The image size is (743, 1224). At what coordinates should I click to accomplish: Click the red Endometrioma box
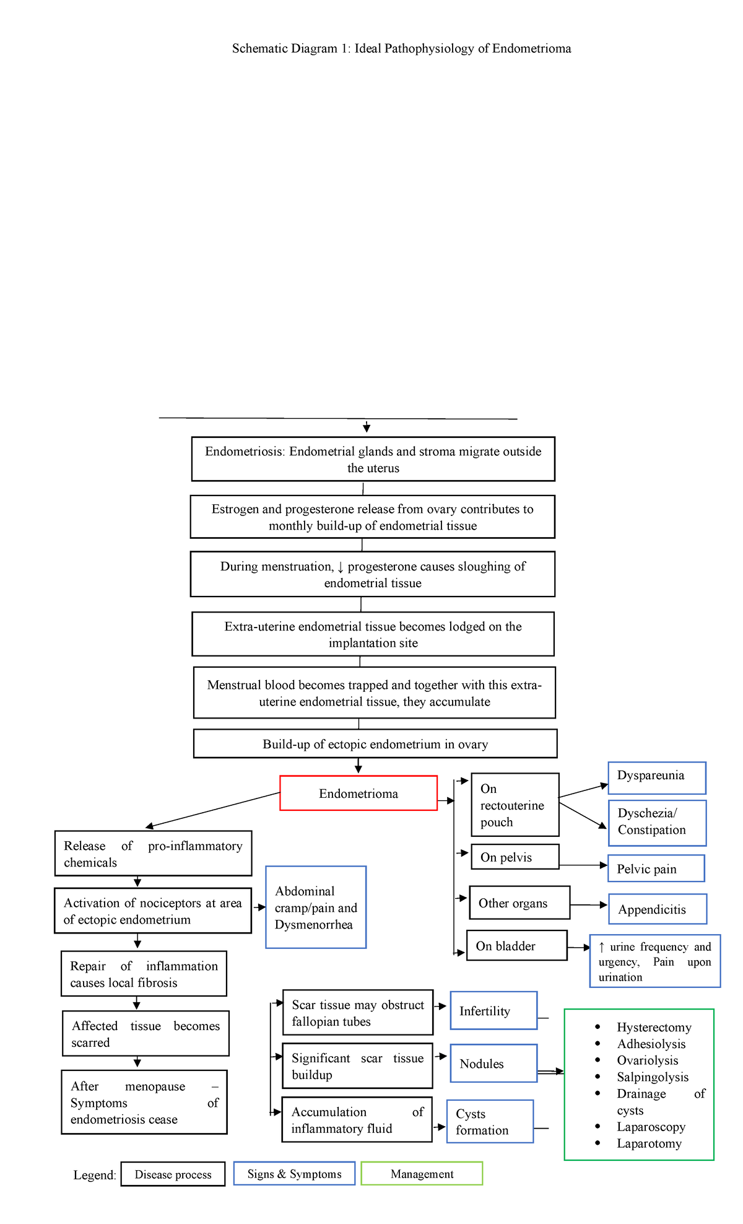(358, 793)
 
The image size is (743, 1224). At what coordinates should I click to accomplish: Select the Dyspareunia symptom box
(657, 777)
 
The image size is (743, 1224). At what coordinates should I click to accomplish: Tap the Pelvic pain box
(656, 868)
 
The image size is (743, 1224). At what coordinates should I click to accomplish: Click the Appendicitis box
(658, 909)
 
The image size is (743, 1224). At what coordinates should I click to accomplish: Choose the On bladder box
(516, 945)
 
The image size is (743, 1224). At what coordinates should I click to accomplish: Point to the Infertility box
(493, 1010)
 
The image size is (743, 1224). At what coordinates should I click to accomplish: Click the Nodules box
(493, 1063)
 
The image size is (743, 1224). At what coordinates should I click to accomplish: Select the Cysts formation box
(490, 1121)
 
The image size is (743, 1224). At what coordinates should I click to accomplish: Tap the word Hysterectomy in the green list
(654, 1027)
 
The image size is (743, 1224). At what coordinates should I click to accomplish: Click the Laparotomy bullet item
(649, 1143)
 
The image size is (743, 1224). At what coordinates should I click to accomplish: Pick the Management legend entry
(422, 1174)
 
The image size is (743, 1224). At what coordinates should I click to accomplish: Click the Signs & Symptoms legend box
(294, 1174)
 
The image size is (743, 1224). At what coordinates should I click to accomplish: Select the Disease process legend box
(173, 1174)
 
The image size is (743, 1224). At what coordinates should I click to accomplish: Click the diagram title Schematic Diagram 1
(401, 48)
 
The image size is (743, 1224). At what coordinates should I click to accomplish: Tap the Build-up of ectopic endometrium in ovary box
(375, 744)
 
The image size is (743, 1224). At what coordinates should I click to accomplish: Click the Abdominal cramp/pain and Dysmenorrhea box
(316, 907)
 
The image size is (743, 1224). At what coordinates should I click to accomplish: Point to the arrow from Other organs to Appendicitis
(588, 905)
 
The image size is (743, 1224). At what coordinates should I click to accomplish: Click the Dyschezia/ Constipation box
(657, 823)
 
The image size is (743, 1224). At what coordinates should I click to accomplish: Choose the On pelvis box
(515, 857)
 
